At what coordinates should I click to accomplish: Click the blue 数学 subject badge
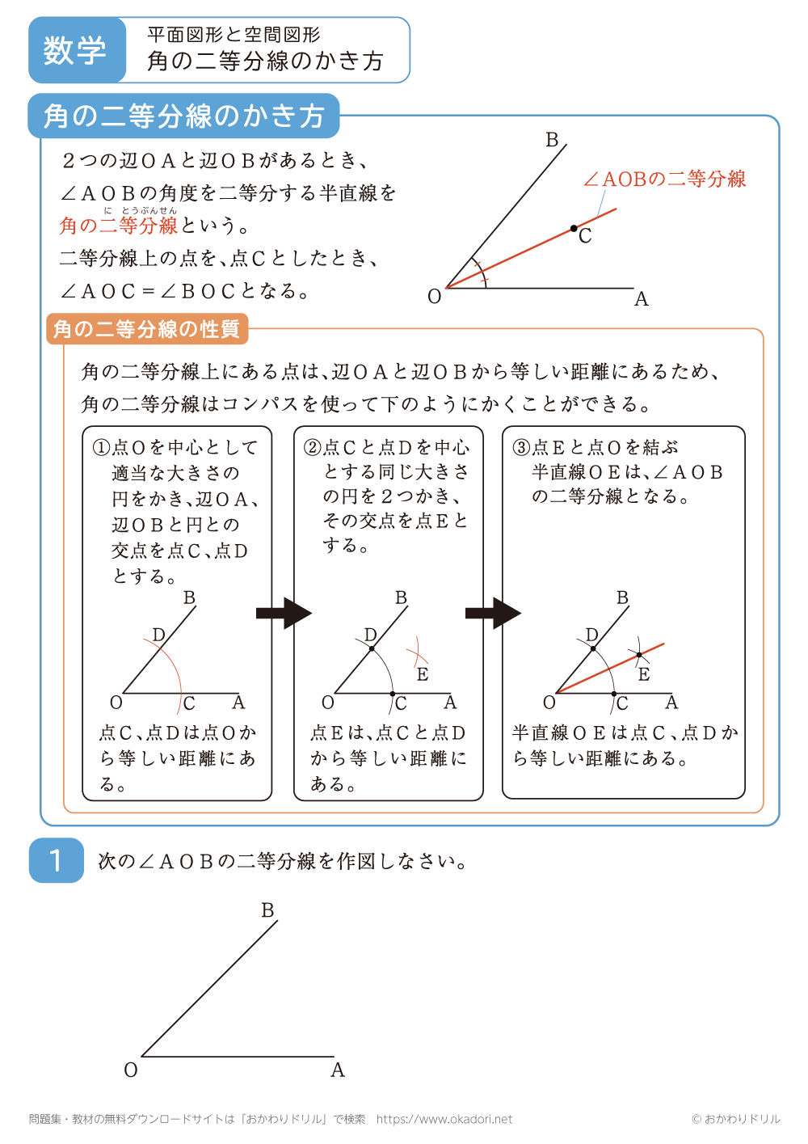(x=76, y=50)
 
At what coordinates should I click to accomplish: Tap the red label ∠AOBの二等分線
(x=664, y=179)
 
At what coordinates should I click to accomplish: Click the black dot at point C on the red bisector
(x=574, y=229)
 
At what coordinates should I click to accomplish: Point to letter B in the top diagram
(x=552, y=140)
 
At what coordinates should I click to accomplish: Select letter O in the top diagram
(x=435, y=297)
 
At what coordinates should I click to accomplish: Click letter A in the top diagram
(x=642, y=299)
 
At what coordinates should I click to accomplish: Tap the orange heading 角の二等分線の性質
(x=146, y=329)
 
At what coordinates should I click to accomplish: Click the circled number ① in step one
(x=101, y=447)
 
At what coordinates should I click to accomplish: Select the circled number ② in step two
(x=312, y=447)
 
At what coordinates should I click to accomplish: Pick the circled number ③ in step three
(x=521, y=447)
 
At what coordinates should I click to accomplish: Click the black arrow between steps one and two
(x=284, y=614)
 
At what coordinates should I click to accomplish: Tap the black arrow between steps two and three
(x=493, y=614)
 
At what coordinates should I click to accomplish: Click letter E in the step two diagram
(x=423, y=674)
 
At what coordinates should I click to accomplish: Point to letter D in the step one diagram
(x=159, y=635)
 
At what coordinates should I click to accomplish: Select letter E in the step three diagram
(x=644, y=674)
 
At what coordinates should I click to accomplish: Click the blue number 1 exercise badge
(x=56, y=860)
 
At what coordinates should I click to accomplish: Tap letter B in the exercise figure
(x=268, y=910)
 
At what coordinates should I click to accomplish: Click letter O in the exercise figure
(x=131, y=1070)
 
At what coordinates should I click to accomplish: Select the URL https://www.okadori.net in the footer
(x=444, y=1119)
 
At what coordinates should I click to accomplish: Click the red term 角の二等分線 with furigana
(x=119, y=226)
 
